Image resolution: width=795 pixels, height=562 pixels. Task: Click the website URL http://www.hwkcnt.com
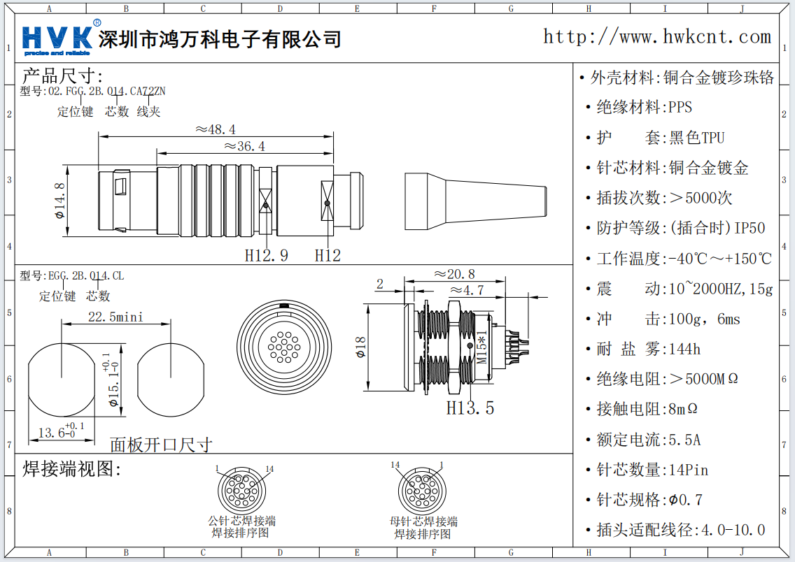point(657,37)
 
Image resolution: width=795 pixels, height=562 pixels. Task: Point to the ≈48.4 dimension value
point(215,129)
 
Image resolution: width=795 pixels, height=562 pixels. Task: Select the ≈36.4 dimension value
point(244,146)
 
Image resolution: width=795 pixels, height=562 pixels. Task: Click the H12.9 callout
point(266,255)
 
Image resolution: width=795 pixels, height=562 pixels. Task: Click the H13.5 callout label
point(470,408)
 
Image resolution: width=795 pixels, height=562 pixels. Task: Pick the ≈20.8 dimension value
point(454,274)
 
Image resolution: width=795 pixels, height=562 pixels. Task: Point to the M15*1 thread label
point(481,347)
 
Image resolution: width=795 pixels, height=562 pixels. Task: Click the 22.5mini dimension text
point(115,317)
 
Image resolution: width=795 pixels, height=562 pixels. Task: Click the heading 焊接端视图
point(72,468)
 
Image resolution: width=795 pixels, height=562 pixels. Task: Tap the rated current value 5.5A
point(684,440)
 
